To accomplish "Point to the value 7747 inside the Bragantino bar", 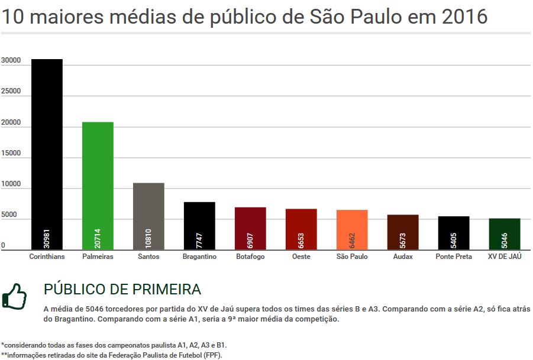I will click(x=199, y=239).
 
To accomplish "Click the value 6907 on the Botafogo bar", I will click(x=250, y=239).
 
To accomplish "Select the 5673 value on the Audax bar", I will click(x=403, y=239).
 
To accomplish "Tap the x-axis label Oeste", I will click(x=301, y=257).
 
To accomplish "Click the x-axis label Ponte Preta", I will click(x=454, y=257).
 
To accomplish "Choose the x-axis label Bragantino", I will click(x=199, y=257).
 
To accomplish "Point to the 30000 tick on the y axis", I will click(x=11, y=61).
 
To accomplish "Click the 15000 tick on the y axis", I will click(x=11, y=154).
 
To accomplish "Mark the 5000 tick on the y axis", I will click(x=9, y=215).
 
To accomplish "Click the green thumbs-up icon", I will click(x=14, y=296).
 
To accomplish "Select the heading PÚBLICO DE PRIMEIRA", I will click(x=122, y=290).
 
